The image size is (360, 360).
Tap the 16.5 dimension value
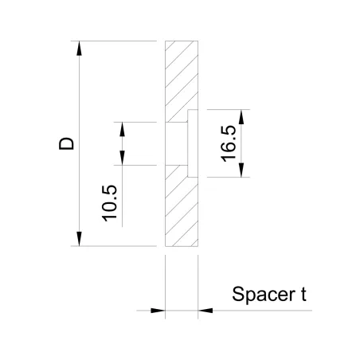point(229,143)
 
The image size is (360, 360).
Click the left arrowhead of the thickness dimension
point(158,310)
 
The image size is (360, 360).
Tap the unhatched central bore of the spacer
point(180,143)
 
